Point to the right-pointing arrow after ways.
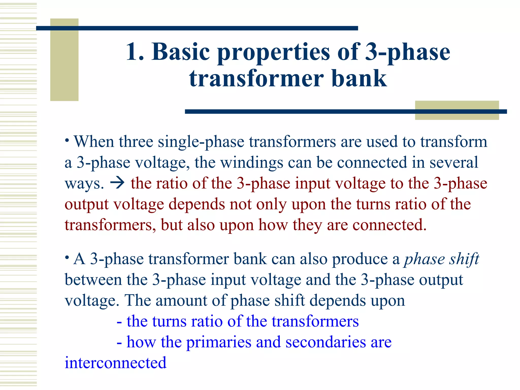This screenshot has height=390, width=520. pos(117,183)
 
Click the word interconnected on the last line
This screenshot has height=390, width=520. pos(116,363)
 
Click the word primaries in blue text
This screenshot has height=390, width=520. pos(219,342)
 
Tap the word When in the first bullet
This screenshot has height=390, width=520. pos(94,142)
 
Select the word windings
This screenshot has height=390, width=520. pos(251,162)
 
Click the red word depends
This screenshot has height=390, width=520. pos(197,204)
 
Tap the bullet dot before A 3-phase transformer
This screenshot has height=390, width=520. pos(67,258)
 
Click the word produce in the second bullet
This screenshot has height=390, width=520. pos(360,259)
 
